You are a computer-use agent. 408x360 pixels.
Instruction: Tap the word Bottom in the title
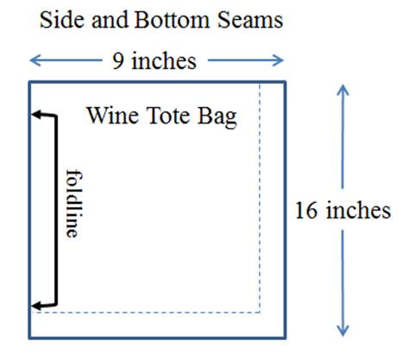[x=172, y=20]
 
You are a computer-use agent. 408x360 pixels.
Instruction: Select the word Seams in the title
[x=250, y=20]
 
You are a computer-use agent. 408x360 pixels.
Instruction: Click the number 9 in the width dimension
[x=118, y=61]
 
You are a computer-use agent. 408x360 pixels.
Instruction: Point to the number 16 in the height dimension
[x=306, y=211]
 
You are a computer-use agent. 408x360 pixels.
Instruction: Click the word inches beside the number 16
[x=358, y=210]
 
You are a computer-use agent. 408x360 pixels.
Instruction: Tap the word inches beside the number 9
[x=164, y=60]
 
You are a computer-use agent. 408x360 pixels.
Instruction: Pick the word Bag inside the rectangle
[x=217, y=117]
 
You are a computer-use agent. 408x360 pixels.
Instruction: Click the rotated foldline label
[x=74, y=204]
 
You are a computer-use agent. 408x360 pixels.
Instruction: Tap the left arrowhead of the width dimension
[x=35, y=60]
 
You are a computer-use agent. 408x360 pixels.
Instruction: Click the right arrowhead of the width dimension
[x=278, y=60]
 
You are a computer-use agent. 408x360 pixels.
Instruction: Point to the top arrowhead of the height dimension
[x=342, y=90]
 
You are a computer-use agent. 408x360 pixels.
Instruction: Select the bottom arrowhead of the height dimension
[x=342, y=331]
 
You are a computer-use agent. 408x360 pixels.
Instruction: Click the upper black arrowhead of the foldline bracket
[x=37, y=114]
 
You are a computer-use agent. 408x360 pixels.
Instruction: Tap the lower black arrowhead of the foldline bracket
[x=37, y=306]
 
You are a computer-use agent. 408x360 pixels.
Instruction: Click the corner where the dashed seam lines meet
[x=260, y=312]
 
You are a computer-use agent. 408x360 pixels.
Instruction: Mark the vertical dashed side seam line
[x=260, y=198]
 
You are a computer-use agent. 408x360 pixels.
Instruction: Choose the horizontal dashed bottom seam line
[x=146, y=312]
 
